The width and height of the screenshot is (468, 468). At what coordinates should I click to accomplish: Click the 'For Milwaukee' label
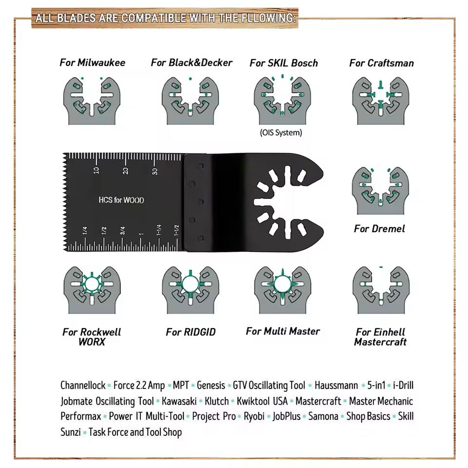(x=93, y=62)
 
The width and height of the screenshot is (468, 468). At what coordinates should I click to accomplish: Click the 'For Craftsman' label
(x=381, y=63)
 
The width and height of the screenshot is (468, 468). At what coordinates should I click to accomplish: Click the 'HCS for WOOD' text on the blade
(x=121, y=200)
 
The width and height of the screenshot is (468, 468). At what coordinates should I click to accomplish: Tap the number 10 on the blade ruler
(x=97, y=170)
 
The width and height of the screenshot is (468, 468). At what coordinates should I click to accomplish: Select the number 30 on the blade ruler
(x=155, y=171)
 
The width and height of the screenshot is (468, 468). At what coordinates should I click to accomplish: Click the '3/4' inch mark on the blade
(x=122, y=231)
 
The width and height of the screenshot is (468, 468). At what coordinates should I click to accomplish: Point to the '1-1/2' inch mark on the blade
(x=176, y=230)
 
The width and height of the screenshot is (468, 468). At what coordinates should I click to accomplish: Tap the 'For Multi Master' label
(x=283, y=331)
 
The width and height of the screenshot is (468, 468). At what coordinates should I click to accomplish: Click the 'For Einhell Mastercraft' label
(x=380, y=337)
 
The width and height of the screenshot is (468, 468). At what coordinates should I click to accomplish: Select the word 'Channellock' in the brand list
(x=83, y=386)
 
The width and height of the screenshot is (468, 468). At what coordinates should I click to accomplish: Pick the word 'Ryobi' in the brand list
(x=254, y=416)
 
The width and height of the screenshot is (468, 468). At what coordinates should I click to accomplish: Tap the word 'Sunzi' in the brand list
(x=71, y=432)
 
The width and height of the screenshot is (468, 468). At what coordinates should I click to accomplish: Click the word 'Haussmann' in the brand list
(x=336, y=386)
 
